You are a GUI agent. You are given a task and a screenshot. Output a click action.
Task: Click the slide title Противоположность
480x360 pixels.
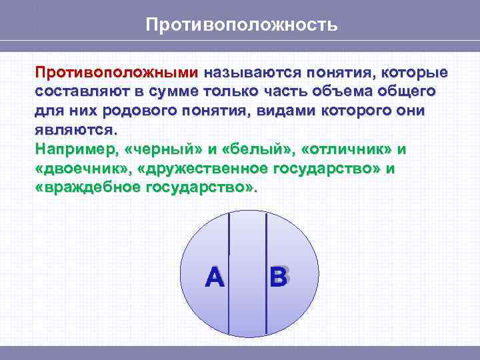(x=242, y=25)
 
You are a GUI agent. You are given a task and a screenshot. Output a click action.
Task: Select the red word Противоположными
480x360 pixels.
(x=117, y=72)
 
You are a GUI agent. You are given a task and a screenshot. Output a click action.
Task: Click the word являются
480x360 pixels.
(x=75, y=129)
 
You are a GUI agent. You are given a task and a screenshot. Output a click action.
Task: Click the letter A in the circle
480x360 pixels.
(x=215, y=277)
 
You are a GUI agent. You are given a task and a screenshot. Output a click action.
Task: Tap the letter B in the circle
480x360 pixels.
(x=279, y=277)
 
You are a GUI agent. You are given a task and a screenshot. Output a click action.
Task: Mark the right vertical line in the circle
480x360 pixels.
(x=266, y=273)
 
